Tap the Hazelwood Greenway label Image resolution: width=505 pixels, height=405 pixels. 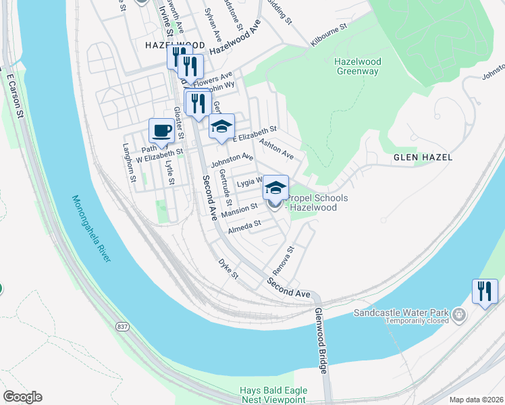pyautogui.click(x=358, y=65)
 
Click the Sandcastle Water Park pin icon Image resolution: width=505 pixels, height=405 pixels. pyautogui.click(x=459, y=314)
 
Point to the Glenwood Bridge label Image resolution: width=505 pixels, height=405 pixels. pyautogui.click(x=321, y=342)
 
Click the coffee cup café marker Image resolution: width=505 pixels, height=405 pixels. pyautogui.click(x=162, y=130)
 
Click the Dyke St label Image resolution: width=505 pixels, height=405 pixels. pyautogui.click(x=229, y=268)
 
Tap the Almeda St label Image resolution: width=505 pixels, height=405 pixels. pyautogui.click(x=244, y=224)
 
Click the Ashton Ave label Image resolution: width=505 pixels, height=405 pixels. pyautogui.click(x=277, y=149)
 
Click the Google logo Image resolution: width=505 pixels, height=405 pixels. pyautogui.click(x=22, y=397)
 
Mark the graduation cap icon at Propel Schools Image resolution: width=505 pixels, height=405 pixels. pyautogui.click(x=275, y=187)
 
